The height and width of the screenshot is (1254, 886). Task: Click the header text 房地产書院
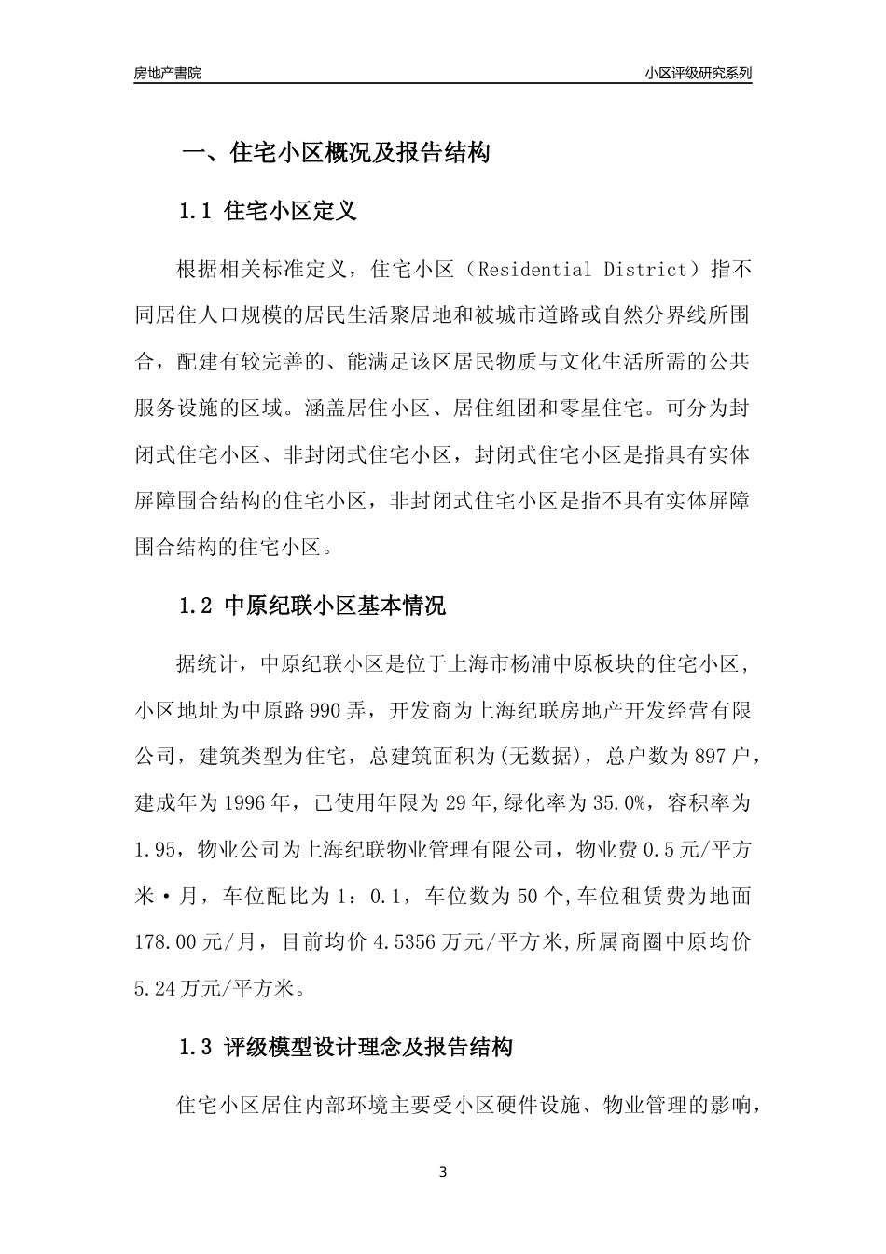coord(167,73)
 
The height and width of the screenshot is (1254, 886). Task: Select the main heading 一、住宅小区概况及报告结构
coord(335,153)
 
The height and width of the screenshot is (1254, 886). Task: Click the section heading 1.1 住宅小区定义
coord(268,211)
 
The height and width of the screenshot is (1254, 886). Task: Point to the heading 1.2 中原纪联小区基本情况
coord(311,606)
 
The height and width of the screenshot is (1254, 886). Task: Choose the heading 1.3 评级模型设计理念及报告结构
coord(345,1047)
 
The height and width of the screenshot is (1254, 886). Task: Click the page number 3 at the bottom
coord(443,1172)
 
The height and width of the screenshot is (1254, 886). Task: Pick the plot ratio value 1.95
coord(155,850)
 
